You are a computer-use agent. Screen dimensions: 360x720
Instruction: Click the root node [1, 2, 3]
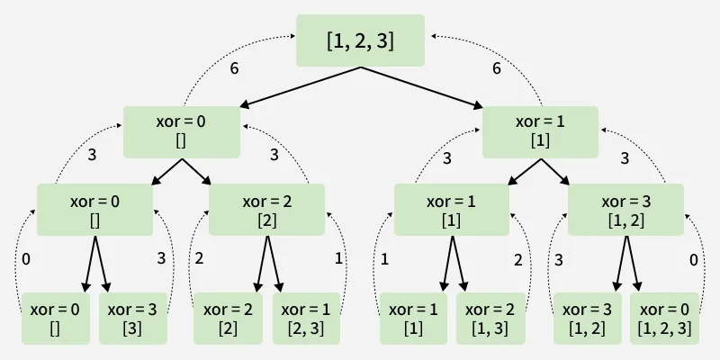[x=360, y=40]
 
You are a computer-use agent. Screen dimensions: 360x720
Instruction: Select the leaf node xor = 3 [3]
[x=131, y=318]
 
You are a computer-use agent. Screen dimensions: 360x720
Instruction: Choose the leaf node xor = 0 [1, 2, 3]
[x=664, y=318]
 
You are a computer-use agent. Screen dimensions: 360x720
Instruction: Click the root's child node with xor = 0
[x=182, y=132]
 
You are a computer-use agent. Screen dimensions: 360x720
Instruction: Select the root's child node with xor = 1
[x=540, y=132]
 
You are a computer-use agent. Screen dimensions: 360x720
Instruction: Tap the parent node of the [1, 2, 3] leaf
[x=625, y=210]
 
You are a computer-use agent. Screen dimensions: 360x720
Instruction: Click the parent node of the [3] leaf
[x=94, y=210]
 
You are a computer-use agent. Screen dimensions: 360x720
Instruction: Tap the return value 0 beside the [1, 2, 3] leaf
[x=693, y=260]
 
